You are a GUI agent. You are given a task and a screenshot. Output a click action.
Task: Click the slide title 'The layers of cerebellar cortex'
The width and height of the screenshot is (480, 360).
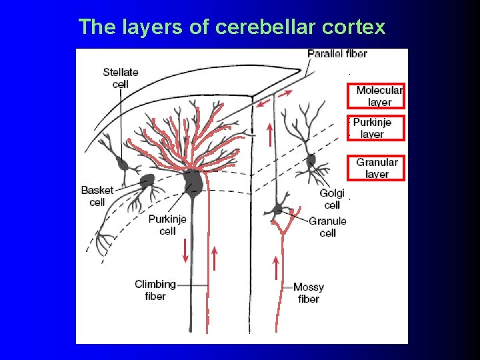click(x=231, y=27)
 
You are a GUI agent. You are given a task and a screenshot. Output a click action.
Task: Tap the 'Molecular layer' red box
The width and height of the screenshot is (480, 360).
click(x=376, y=95)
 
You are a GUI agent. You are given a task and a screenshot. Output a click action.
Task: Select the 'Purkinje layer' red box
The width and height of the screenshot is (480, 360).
click(x=376, y=127)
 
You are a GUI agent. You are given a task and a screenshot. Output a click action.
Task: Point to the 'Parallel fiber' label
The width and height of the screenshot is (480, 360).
click(x=337, y=53)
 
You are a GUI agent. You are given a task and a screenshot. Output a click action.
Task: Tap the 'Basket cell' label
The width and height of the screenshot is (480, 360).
click(x=97, y=196)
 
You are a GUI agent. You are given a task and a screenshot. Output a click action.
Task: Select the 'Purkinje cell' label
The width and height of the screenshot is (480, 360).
click(x=167, y=225)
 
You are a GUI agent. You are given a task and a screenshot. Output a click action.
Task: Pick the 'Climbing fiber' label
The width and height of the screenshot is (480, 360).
click(x=155, y=289)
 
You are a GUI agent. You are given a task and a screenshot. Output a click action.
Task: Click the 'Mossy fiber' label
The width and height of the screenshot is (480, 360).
click(x=309, y=293)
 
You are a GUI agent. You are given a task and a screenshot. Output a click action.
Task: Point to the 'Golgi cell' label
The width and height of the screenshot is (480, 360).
click(x=332, y=199)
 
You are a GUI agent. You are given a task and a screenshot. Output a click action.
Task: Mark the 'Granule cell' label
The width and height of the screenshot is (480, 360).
click(x=327, y=227)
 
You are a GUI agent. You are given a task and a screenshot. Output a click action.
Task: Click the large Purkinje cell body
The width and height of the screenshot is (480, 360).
click(x=193, y=182)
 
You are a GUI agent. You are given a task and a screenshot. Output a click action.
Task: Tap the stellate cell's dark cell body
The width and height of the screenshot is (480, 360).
click(x=122, y=163)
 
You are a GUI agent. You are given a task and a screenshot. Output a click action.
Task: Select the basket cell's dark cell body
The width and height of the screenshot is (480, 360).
click(x=147, y=181)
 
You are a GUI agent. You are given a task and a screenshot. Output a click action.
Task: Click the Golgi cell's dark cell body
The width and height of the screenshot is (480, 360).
click(x=311, y=161)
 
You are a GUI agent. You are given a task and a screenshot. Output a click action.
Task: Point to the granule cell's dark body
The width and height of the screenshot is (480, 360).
click(x=277, y=209)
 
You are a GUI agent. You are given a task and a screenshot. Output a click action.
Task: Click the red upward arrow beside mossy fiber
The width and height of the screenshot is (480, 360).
click(x=275, y=268)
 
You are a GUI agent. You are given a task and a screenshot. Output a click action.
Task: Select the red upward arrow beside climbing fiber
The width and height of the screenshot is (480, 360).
click(x=215, y=259)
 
